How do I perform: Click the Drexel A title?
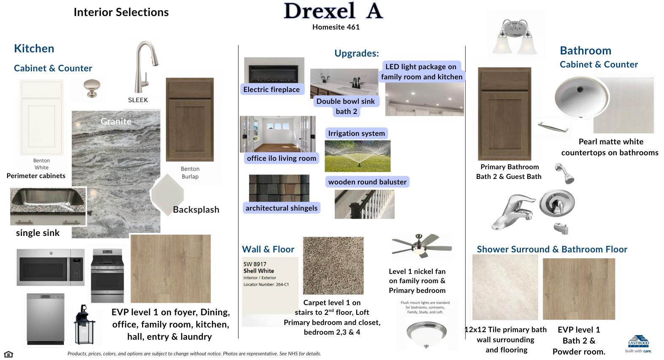[x=333, y=11]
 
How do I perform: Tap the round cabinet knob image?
[x=89, y=88]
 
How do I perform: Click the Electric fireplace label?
[x=271, y=89]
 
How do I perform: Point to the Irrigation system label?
[x=356, y=133]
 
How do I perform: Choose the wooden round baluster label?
[x=367, y=182]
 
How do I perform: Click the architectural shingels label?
[x=281, y=208]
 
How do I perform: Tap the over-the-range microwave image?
[x=50, y=267]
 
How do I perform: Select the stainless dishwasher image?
[x=46, y=319]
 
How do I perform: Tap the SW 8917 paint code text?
[x=255, y=264]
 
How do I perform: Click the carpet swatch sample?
[x=333, y=265]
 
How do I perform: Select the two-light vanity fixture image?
[x=515, y=36]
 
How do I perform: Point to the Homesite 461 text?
[x=336, y=27]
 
